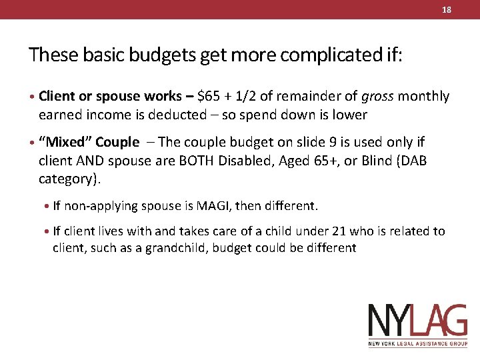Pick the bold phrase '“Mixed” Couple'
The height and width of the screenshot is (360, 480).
pyautogui.click(x=89, y=143)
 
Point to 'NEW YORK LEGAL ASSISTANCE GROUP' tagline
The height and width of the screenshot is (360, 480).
pyautogui.click(x=418, y=344)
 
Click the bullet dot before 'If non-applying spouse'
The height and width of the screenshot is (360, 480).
pyautogui.click(x=48, y=206)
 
